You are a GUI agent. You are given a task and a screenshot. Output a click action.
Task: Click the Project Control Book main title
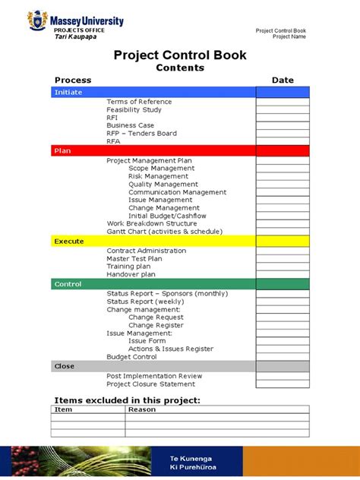coord(180,54)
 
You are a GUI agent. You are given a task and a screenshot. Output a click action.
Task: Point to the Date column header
coord(283,80)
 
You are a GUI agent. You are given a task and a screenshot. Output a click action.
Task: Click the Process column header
coord(73,80)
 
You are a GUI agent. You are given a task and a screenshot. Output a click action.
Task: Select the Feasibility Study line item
coord(134,110)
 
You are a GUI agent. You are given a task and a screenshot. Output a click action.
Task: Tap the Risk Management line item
coord(158,176)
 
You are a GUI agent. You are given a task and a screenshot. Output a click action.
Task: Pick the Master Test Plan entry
coord(134,259)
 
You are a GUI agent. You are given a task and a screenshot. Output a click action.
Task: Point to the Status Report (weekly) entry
coord(145,302)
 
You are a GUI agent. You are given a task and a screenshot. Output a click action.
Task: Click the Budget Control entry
coord(131,357)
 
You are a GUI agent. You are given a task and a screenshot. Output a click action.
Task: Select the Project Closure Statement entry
coord(150,384)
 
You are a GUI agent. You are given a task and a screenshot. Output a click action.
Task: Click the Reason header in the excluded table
coord(141,409)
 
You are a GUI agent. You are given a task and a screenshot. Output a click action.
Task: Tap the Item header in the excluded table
coord(63,409)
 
